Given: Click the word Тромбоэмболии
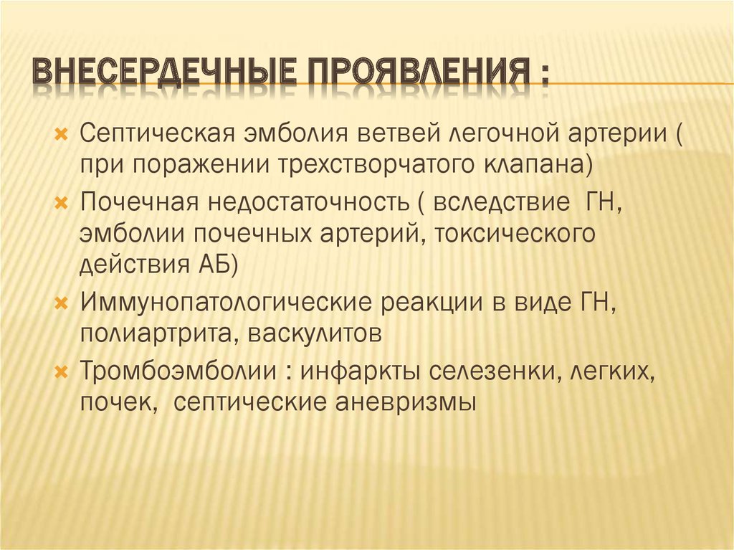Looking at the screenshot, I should click(x=180, y=371).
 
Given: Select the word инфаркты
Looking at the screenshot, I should click(x=362, y=371).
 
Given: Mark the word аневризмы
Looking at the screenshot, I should click(x=405, y=402).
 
